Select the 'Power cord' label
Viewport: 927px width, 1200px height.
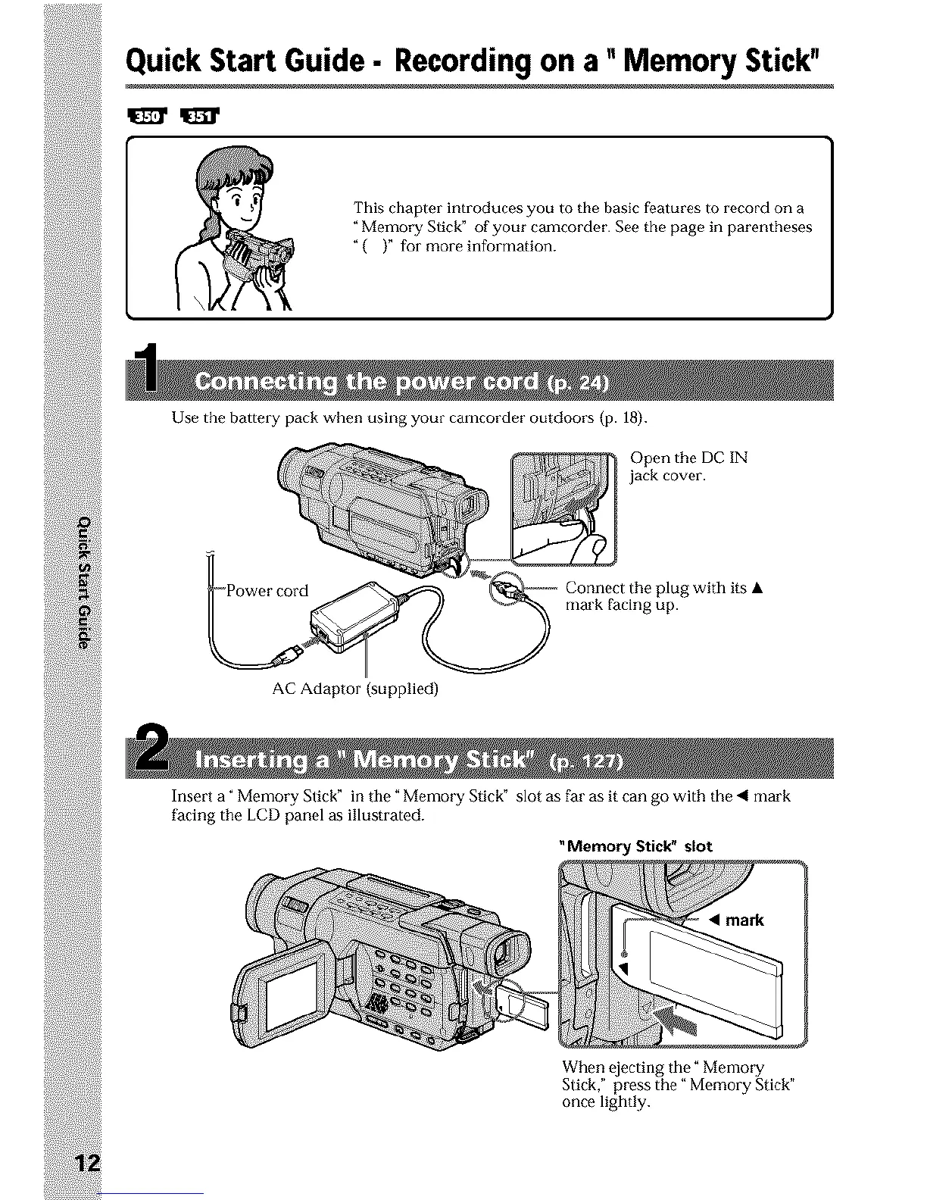[x=267, y=591]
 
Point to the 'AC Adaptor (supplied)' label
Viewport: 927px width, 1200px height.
[x=355, y=689]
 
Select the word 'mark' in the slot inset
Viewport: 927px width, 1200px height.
[x=744, y=920]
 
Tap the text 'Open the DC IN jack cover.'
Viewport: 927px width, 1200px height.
[x=688, y=467]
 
